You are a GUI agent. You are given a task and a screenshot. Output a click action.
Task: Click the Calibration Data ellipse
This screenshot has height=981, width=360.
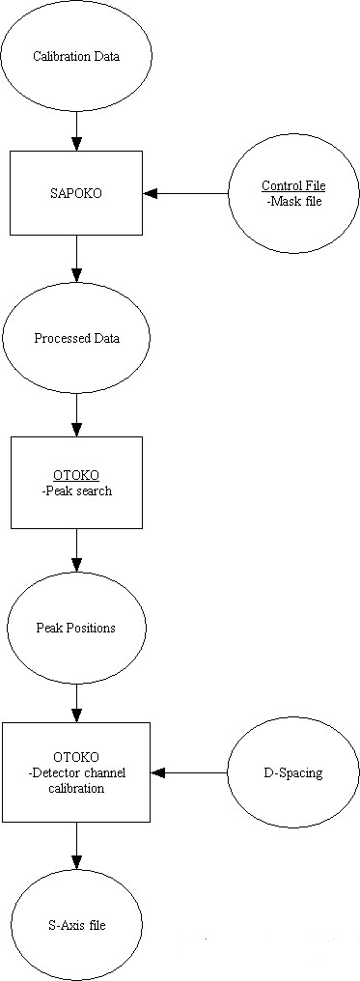click(76, 56)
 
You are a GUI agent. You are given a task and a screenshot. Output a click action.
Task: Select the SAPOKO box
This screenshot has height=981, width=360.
click(76, 194)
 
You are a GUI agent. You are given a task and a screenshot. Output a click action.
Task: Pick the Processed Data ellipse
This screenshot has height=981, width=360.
click(76, 338)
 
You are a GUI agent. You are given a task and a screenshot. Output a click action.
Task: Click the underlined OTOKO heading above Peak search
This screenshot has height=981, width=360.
click(76, 476)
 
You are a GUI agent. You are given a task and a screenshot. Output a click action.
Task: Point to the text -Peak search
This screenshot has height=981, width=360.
click(76, 490)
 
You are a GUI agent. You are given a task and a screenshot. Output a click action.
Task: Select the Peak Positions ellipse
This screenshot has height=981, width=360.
click(76, 628)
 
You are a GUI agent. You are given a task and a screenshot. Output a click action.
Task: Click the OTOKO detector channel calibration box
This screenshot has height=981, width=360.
click(76, 772)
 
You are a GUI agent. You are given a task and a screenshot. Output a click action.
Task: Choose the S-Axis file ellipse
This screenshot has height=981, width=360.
click(76, 925)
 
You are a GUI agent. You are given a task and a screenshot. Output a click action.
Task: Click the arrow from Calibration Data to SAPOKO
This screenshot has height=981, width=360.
click(76, 130)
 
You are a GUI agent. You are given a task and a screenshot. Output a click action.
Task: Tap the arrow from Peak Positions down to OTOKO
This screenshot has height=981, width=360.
click(76, 699)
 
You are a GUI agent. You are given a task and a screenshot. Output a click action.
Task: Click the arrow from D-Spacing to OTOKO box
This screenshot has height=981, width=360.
click(189, 772)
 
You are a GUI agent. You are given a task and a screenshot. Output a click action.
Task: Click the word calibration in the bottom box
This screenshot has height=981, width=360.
click(76, 788)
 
